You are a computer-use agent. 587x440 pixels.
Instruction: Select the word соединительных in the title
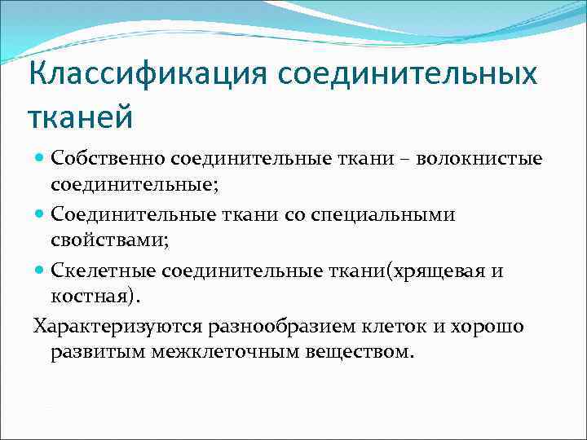[x=407, y=76]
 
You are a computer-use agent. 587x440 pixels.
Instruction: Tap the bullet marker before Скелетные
[x=40, y=271]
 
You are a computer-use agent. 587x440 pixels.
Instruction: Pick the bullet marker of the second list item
[x=40, y=214]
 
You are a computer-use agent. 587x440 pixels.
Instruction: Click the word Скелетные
[x=103, y=271]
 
